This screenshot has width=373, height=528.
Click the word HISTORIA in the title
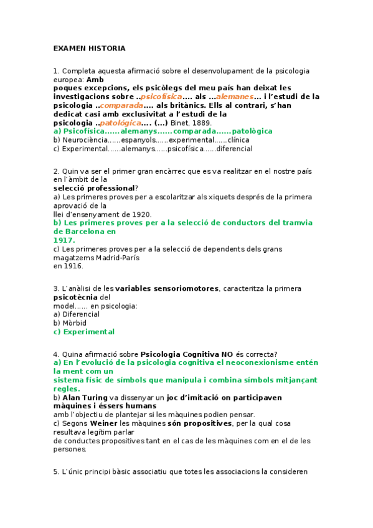click(106, 49)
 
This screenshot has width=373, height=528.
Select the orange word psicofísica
click(161, 97)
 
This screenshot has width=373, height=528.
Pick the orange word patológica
click(120, 123)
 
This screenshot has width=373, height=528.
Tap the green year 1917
click(64, 240)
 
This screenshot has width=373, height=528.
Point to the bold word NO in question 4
click(222, 354)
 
